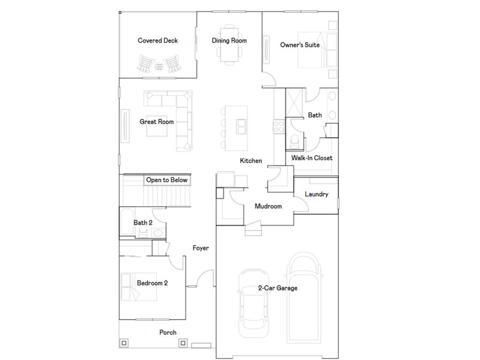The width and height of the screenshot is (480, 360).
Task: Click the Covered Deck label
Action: click(x=157, y=41)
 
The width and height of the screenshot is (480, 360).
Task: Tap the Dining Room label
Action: click(x=229, y=41)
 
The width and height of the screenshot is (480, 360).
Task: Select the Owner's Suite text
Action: click(x=300, y=45)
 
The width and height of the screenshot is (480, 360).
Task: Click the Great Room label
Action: click(x=157, y=122)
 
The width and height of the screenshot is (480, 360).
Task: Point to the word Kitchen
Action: click(x=251, y=161)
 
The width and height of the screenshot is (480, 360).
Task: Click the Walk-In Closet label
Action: click(x=312, y=158)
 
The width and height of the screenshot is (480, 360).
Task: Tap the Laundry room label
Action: click(x=316, y=194)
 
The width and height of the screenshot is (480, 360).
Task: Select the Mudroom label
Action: click(x=268, y=206)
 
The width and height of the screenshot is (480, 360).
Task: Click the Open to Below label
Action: click(x=166, y=180)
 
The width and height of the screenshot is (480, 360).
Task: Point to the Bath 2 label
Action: click(x=143, y=223)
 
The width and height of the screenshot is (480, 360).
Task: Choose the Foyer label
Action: click(x=201, y=248)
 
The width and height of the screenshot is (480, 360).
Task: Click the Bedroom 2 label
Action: click(x=152, y=283)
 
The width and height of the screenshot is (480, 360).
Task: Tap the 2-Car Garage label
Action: click(x=277, y=288)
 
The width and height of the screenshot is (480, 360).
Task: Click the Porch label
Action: click(x=168, y=332)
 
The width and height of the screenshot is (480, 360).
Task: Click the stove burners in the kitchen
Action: click(x=279, y=127)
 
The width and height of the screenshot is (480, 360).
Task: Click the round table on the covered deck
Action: click(x=159, y=66)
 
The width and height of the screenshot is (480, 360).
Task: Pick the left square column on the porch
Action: click(x=124, y=343)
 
